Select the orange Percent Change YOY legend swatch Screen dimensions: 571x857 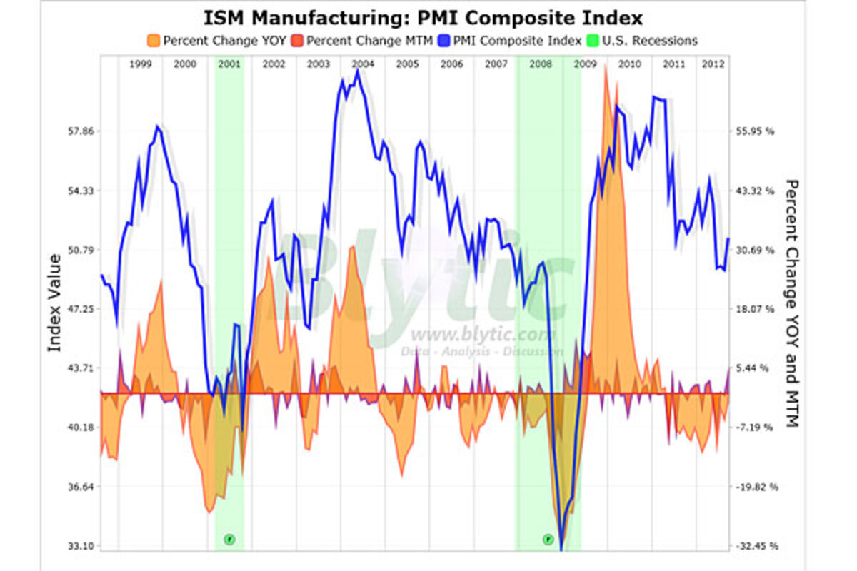154,41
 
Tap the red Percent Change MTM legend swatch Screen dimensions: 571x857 298,41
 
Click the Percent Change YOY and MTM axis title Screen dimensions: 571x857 791,303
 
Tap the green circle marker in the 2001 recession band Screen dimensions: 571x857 229,539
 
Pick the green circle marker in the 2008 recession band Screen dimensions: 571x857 548,539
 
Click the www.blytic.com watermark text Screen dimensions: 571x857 483,335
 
